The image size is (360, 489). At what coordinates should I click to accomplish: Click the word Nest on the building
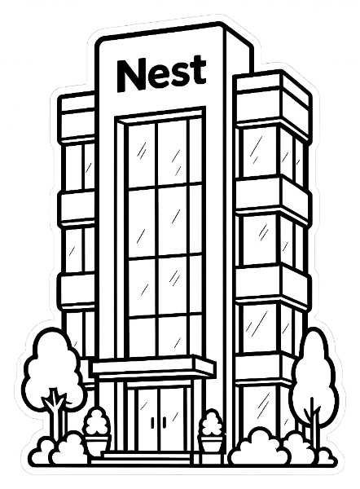(x=161, y=74)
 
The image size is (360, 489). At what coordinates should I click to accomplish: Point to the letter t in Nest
(x=199, y=70)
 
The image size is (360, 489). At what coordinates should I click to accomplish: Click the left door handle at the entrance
(x=153, y=422)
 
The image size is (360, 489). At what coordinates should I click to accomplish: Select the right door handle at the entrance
(x=165, y=422)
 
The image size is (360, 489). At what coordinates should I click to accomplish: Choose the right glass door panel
(x=172, y=419)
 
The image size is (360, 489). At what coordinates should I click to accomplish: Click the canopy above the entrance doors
(x=154, y=367)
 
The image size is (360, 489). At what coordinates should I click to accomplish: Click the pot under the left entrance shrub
(x=97, y=444)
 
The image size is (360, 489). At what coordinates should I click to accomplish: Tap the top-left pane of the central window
(x=142, y=156)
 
